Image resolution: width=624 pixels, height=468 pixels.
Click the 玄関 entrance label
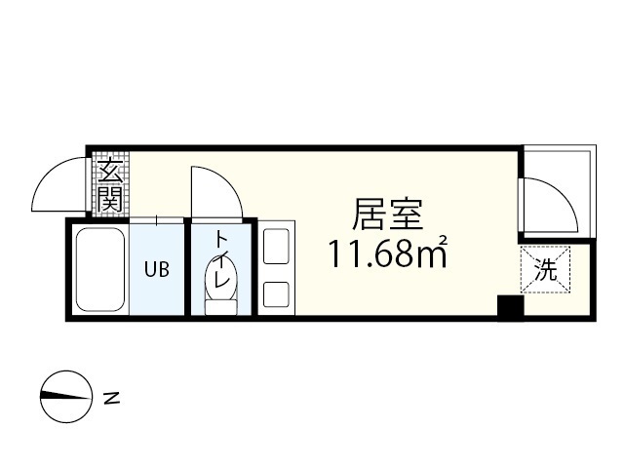[109, 185]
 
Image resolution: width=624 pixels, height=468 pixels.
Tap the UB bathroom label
[157, 270]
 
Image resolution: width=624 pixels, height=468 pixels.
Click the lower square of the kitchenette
[276, 294]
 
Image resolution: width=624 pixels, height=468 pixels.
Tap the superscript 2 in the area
[443, 240]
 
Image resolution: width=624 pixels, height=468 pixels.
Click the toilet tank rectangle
[220, 306]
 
